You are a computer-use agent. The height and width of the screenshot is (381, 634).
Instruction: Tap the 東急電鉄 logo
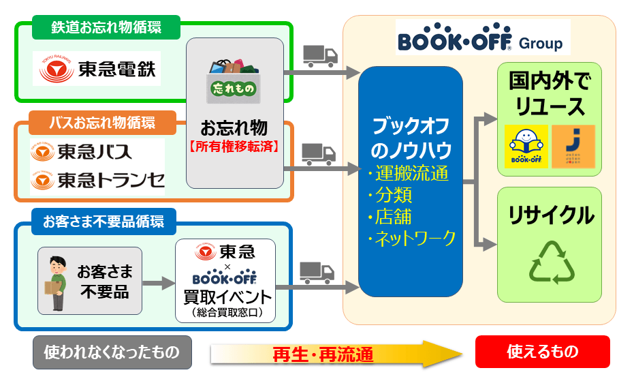click(97, 69)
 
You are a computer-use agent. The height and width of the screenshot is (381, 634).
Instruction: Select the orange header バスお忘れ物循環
click(102, 123)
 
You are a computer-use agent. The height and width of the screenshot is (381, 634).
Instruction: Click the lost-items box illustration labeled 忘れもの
click(234, 81)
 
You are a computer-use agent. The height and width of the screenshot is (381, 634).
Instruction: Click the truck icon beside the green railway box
click(319, 55)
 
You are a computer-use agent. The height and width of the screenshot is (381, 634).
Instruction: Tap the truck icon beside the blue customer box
click(317, 272)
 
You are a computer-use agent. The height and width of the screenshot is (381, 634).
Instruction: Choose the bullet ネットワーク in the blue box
click(411, 238)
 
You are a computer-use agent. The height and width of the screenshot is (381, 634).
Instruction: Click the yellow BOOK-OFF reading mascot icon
click(526, 147)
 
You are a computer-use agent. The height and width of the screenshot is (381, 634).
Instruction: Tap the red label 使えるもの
click(542, 352)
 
